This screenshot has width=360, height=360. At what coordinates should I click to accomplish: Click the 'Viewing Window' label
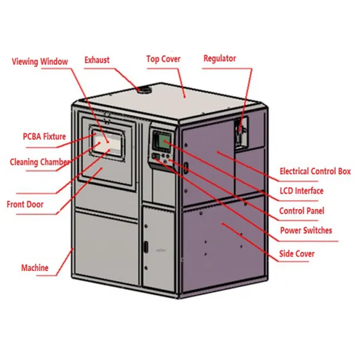click(40, 61)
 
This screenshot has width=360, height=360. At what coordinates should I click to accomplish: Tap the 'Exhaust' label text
click(97, 59)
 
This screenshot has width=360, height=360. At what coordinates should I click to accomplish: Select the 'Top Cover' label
click(163, 59)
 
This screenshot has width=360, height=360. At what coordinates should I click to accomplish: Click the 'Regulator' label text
click(220, 58)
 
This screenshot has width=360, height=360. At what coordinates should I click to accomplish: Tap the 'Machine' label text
click(35, 268)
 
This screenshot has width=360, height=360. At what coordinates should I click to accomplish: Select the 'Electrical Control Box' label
click(315, 172)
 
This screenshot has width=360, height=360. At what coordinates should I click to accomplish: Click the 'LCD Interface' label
click(302, 191)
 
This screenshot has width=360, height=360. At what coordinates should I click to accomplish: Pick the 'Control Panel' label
click(302, 211)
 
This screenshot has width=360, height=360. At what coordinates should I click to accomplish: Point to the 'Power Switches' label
click(305, 230)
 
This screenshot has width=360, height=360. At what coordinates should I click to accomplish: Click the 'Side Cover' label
click(296, 254)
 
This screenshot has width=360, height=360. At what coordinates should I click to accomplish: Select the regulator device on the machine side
click(241, 129)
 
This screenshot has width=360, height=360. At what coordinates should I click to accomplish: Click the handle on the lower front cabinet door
click(145, 246)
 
